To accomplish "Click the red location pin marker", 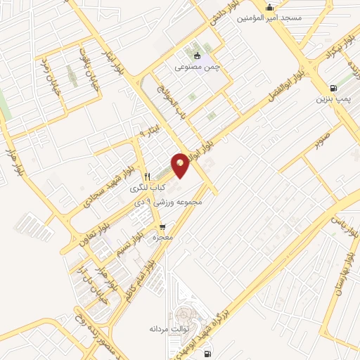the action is pyautogui.click(x=181, y=165).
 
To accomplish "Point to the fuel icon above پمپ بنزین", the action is pyautogui.click(x=333, y=88).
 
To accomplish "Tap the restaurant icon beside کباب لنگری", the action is pyautogui.click(x=146, y=177).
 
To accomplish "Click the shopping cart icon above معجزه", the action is pyautogui.click(x=163, y=227).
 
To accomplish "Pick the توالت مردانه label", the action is pyautogui.click(x=166, y=328).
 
